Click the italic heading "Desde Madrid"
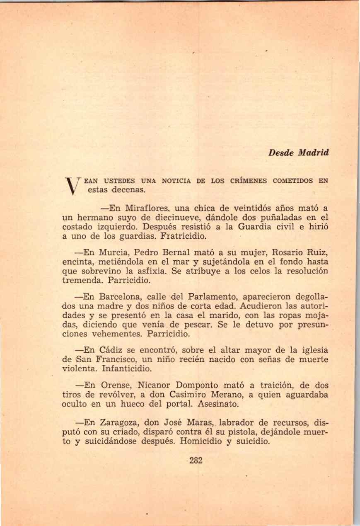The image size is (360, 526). click(x=298, y=153)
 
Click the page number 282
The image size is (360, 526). click(x=196, y=461)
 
